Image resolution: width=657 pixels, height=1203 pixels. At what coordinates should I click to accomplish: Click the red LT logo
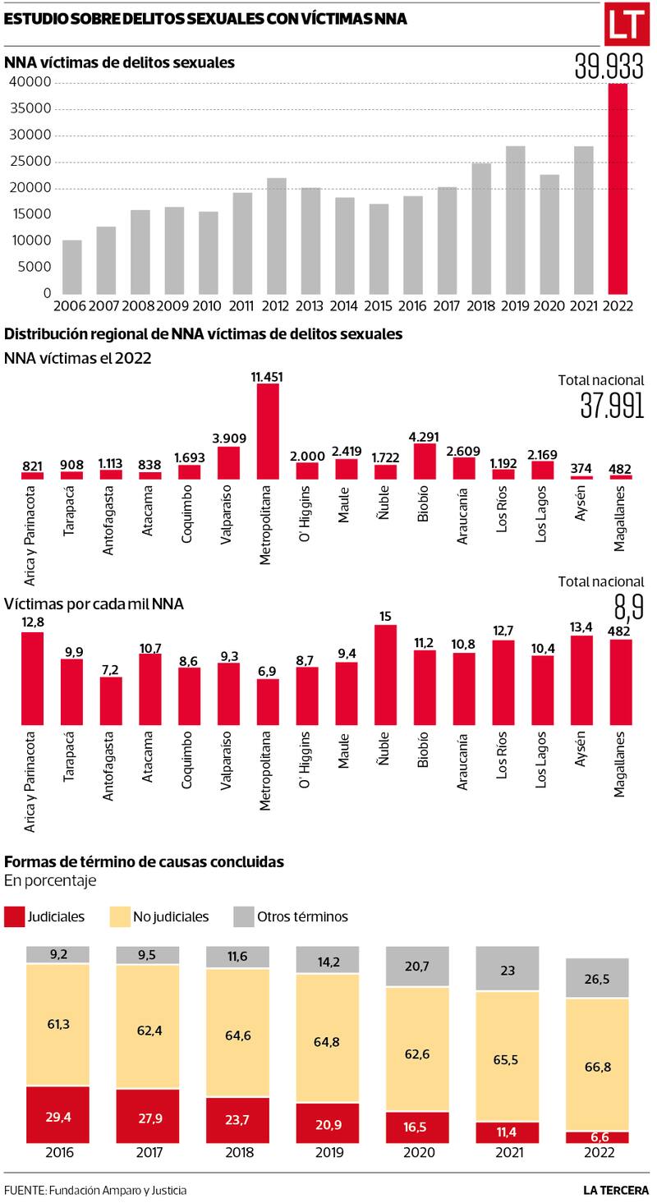627,26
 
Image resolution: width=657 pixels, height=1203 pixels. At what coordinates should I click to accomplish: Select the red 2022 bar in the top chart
618,188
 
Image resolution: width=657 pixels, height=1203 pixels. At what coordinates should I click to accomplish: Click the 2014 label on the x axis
344,305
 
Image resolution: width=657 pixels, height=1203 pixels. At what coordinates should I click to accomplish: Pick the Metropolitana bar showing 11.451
268,431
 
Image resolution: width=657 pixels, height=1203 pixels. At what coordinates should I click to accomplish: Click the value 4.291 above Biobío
425,437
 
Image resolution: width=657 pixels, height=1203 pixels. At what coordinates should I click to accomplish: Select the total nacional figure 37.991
611,405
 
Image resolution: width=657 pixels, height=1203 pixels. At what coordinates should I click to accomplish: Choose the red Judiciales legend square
14,916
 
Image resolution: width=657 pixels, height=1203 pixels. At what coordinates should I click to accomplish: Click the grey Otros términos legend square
244,916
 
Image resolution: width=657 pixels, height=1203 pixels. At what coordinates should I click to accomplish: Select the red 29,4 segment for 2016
57,1114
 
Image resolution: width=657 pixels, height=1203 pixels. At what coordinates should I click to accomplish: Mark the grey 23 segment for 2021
508,969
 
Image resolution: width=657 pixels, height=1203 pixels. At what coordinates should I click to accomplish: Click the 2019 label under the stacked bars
328,1152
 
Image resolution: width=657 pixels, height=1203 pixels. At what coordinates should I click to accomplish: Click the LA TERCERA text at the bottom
617,1189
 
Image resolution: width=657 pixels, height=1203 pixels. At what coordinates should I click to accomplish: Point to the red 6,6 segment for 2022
597,1137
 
